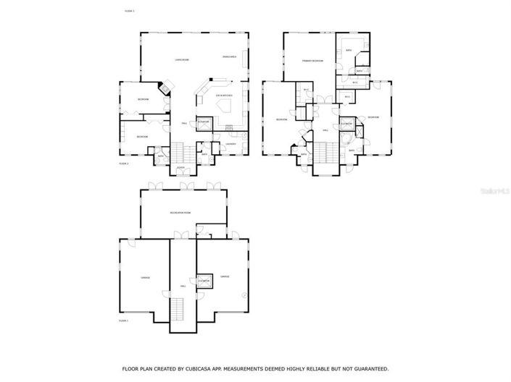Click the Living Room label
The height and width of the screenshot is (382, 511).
tap(182, 59)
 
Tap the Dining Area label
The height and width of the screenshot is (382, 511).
tap(229, 56)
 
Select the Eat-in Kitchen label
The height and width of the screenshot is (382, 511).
tap(223, 95)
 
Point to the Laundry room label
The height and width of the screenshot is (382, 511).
tap(230, 143)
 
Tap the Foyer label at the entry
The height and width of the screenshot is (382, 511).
tap(180, 168)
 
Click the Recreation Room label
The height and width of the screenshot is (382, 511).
tap(180, 213)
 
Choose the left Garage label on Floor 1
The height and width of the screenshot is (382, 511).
tap(144, 277)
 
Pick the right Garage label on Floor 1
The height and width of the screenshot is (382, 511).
tap(225, 276)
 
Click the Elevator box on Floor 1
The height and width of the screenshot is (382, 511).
tap(204, 281)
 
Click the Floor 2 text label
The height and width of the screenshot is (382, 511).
tap(123, 164)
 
